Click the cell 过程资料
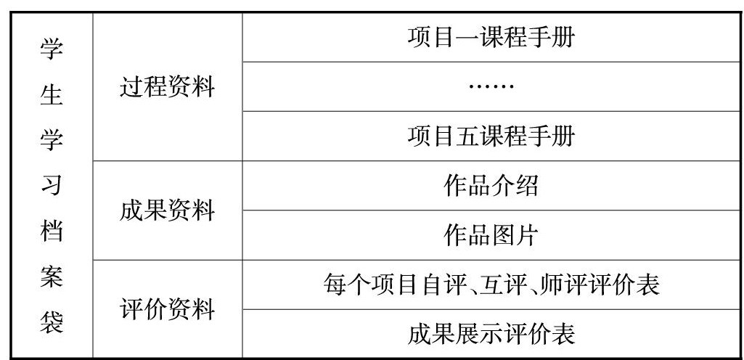[x=167, y=87]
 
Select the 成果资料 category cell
[x=167, y=210]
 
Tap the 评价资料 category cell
[x=167, y=309]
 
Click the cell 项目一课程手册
[x=491, y=37]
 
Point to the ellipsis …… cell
[x=491, y=86]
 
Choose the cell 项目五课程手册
[x=491, y=136]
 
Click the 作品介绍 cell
[x=491, y=186]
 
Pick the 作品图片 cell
[x=491, y=235]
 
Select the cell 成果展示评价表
[x=491, y=334]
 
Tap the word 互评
[x=503, y=285]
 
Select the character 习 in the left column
[x=51, y=187]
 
